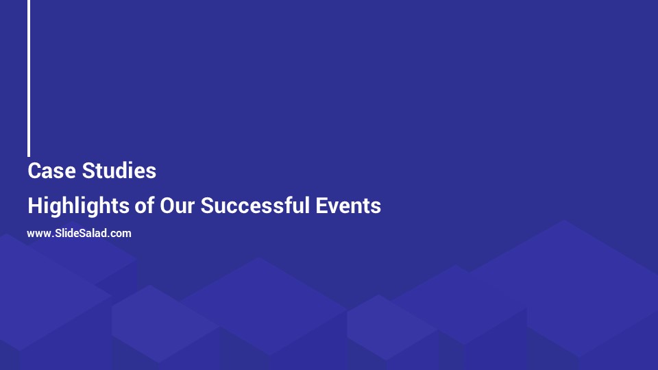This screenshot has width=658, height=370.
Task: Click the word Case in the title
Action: click(51, 171)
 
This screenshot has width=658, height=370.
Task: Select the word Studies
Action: click(119, 171)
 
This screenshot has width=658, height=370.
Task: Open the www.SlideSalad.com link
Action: click(79, 233)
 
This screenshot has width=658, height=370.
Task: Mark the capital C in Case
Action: click(34, 171)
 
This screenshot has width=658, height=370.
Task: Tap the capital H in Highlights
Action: click(34, 205)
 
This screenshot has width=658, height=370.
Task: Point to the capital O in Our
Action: click(167, 205)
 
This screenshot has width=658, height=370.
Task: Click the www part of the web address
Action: click(38, 234)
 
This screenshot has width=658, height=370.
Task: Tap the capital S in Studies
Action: click(88, 171)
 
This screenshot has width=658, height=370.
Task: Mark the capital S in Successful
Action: click(207, 205)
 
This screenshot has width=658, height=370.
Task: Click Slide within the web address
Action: click(65, 233)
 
